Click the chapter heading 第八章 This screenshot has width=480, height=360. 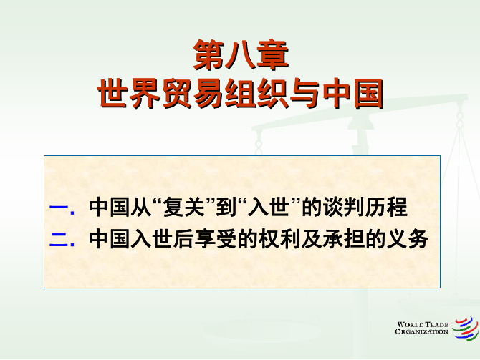click(x=241, y=55)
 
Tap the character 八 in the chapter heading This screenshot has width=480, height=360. click(x=241, y=55)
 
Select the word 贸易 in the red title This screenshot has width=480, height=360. click(x=193, y=93)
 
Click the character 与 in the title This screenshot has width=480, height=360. click(x=304, y=93)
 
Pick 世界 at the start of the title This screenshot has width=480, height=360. click(x=128, y=93)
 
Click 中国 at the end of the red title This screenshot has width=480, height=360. click(x=352, y=93)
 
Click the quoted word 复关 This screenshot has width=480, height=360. click(x=184, y=207)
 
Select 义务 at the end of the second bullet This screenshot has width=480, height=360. click(x=408, y=239)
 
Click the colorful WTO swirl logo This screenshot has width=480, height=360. click(x=466, y=329)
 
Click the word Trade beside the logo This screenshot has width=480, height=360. click(x=436, y=324)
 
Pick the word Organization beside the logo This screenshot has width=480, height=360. click(x=421, y=331)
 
